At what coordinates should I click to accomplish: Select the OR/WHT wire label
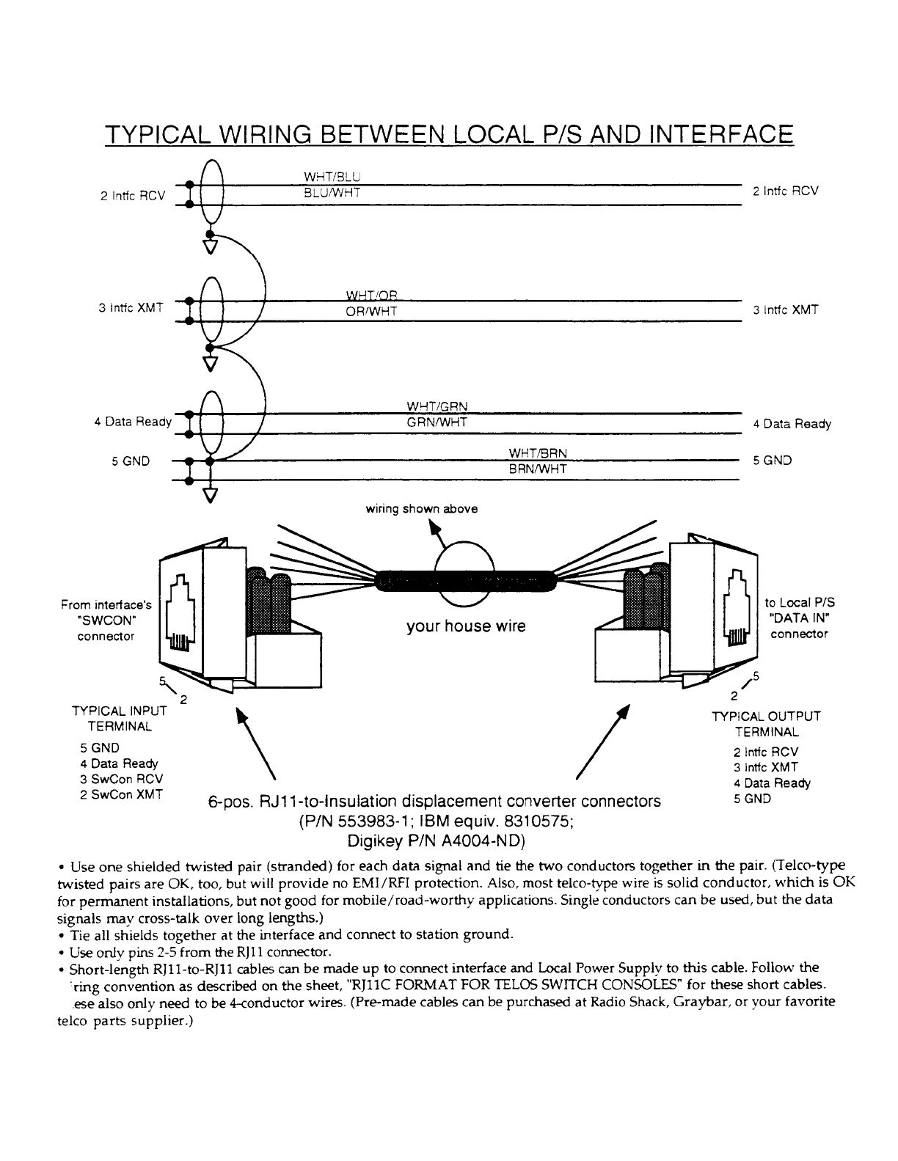[371, 311]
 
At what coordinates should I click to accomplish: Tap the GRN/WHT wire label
[437, 422]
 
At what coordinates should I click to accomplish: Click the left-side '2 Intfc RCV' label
[130, 195]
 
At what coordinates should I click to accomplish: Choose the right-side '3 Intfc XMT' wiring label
[785, 310]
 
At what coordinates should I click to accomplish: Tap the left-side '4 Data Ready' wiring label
[133, 422]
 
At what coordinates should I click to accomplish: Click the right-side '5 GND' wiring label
[773, 461]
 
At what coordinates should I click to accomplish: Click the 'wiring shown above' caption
[421, 509]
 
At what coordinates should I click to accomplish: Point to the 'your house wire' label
[466, 627]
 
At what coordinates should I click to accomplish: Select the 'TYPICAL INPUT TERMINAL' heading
[119, 719]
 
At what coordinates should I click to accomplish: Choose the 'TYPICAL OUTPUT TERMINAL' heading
[767, 724]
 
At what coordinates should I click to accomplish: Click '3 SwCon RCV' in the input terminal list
[122, 779]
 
